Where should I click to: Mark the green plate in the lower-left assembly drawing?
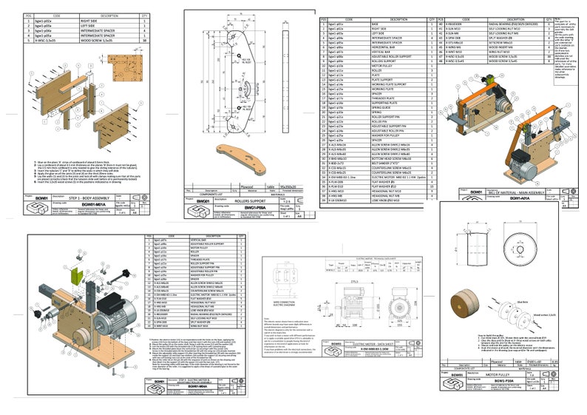coord(76,276)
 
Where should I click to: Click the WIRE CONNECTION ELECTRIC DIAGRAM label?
coord(285,304)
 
